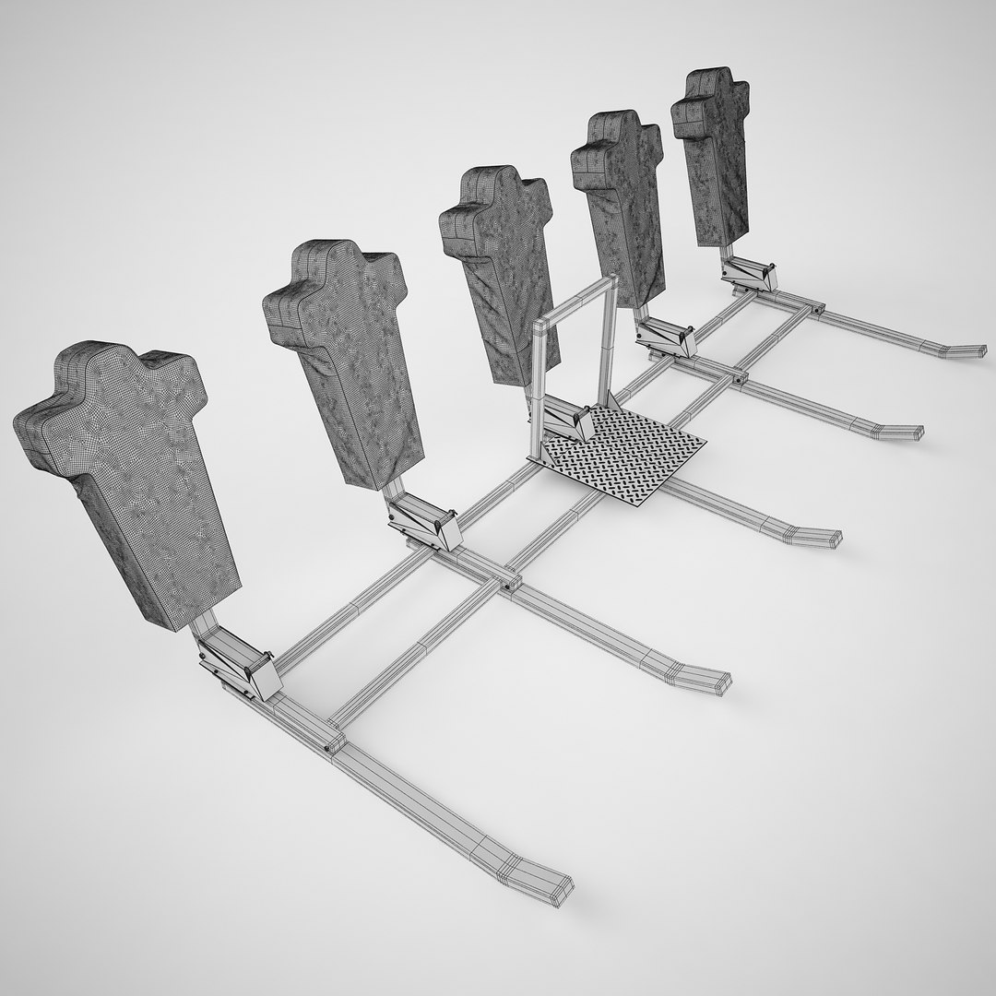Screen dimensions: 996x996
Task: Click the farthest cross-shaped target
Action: click(711, 152)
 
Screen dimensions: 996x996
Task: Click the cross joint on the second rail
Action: click(508, 582)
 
